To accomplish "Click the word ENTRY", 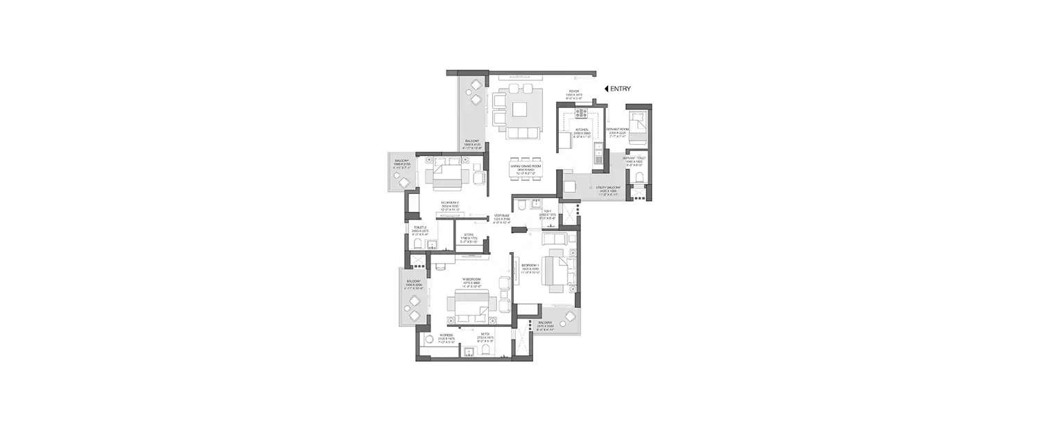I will point(621,89).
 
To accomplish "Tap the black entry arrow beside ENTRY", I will point(606,89).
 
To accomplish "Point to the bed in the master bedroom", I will point(471,306).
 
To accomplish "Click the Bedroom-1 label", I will point(530,265).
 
